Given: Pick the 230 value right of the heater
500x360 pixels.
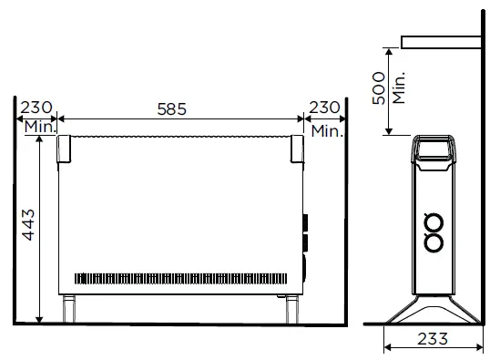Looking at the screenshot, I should coord(325,108).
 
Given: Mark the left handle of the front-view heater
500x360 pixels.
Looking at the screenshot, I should coord(65,149).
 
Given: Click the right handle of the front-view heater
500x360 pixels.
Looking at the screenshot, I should coord(297,149).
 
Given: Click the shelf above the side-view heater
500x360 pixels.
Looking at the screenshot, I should coord(441,42).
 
